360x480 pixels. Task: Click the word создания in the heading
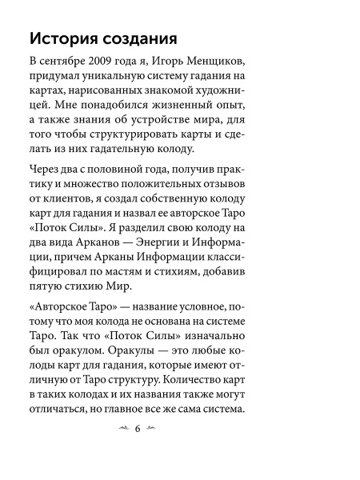142,39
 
